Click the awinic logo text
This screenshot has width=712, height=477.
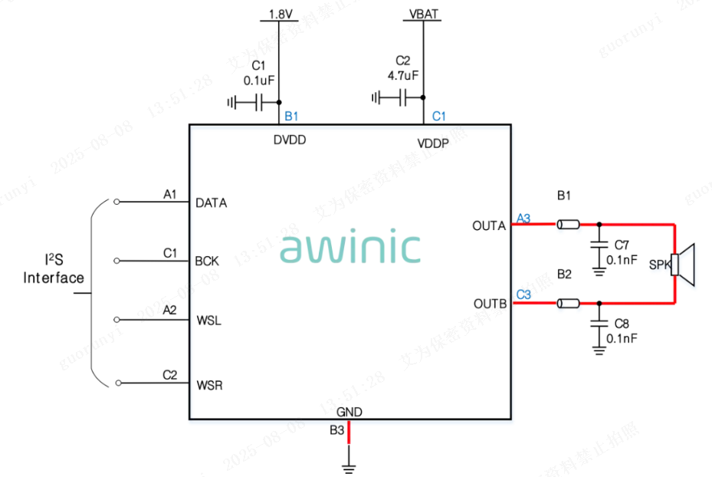[349, 248]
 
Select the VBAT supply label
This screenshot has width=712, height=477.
[424, 14]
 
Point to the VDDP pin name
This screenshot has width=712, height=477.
[433, 143]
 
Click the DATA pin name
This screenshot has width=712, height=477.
[212, 203]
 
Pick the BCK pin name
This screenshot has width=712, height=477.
[207, 261]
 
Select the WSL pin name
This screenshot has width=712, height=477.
[208, 320]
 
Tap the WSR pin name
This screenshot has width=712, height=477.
[209, 384]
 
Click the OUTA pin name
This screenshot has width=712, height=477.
[489, 225]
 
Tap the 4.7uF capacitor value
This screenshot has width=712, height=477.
[403, 75]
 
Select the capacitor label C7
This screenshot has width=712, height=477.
[622, 245]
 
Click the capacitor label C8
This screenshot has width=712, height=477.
[622, 323]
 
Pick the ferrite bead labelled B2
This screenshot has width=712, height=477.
[569, 304]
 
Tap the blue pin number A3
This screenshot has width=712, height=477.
[523, 218]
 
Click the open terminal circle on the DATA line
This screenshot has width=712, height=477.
[116, 202]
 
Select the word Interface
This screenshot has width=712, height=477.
[54, 278]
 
